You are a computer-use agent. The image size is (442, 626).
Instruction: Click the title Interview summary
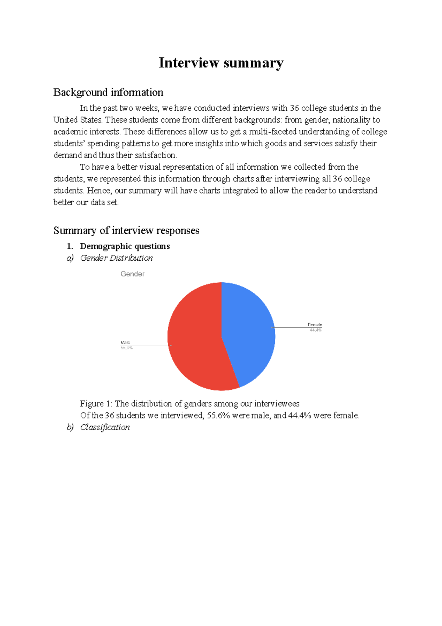pos(221,63)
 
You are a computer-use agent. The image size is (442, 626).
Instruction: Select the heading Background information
pos(108,92)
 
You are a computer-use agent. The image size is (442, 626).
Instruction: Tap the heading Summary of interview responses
pos(126,230)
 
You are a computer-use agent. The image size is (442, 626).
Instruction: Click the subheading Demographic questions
pos(125,246)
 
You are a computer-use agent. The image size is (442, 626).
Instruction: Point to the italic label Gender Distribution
pos(116,258)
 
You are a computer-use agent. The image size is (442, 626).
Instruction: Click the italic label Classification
pos(105,427)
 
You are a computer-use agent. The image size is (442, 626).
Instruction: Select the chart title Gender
pos(132,274)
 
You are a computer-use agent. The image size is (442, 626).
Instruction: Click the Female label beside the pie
pos(315,325)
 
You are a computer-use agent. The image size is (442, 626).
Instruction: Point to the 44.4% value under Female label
pos(316,330)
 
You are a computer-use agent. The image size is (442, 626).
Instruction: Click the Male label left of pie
pos(125,342)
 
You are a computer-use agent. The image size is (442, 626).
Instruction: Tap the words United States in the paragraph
pos(78,120)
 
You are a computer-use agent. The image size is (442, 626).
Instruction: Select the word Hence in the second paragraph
pos(99,191)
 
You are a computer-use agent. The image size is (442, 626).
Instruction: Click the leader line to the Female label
pos(291,327)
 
